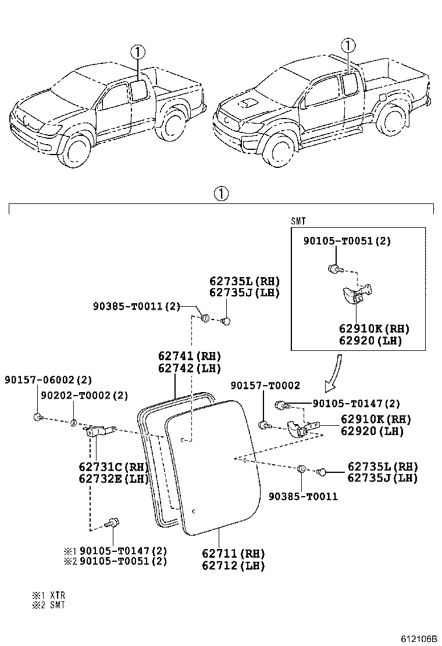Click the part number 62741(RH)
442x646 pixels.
click(x=189, y=356)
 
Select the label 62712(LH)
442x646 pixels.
click(x=233, y=565)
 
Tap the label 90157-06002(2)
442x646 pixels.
click(x=48, y=380)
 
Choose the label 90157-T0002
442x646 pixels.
click(x=265, y=385)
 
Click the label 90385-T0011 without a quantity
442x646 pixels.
click(x=302, y=497)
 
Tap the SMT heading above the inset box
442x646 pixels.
click(x=298, y=221)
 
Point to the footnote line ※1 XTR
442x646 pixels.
click(x=48, y=595)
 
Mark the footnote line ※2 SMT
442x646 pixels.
click(x=48, y=605)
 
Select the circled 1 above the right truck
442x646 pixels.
click(x=348, y=45)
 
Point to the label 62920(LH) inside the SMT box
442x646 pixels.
click(x=370, y=341)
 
